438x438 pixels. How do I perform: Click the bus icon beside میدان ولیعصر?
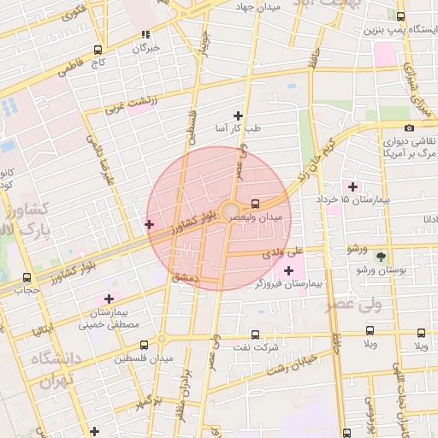pos(256,204)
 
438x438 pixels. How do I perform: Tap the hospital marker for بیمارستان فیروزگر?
pos(288,271)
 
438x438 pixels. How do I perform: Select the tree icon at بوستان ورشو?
pos(381,256)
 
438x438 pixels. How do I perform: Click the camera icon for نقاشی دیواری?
pos(409,127)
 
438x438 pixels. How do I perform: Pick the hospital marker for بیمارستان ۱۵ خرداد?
pos(352,186)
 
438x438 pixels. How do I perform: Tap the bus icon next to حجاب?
pos(27,277)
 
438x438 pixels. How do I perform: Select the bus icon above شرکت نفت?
pos(255,334)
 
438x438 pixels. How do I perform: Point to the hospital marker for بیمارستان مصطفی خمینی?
pos(109,299)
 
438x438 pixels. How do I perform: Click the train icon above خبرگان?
pos(145,35)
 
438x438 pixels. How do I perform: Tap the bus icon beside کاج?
pos(98,50)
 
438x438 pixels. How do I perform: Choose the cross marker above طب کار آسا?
pos(238,115)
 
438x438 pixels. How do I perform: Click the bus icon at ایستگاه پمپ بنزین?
pos(401,16)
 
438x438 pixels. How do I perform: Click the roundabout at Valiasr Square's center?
pos(231,211)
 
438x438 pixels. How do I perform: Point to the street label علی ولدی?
pos(283,252)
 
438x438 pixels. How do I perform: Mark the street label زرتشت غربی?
pos(131,104)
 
